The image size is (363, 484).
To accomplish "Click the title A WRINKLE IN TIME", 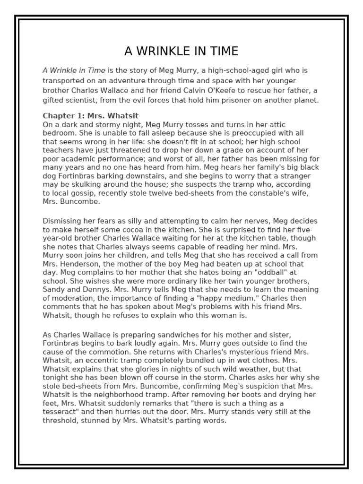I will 181,51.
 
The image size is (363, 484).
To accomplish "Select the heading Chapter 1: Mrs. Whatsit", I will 90,115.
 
